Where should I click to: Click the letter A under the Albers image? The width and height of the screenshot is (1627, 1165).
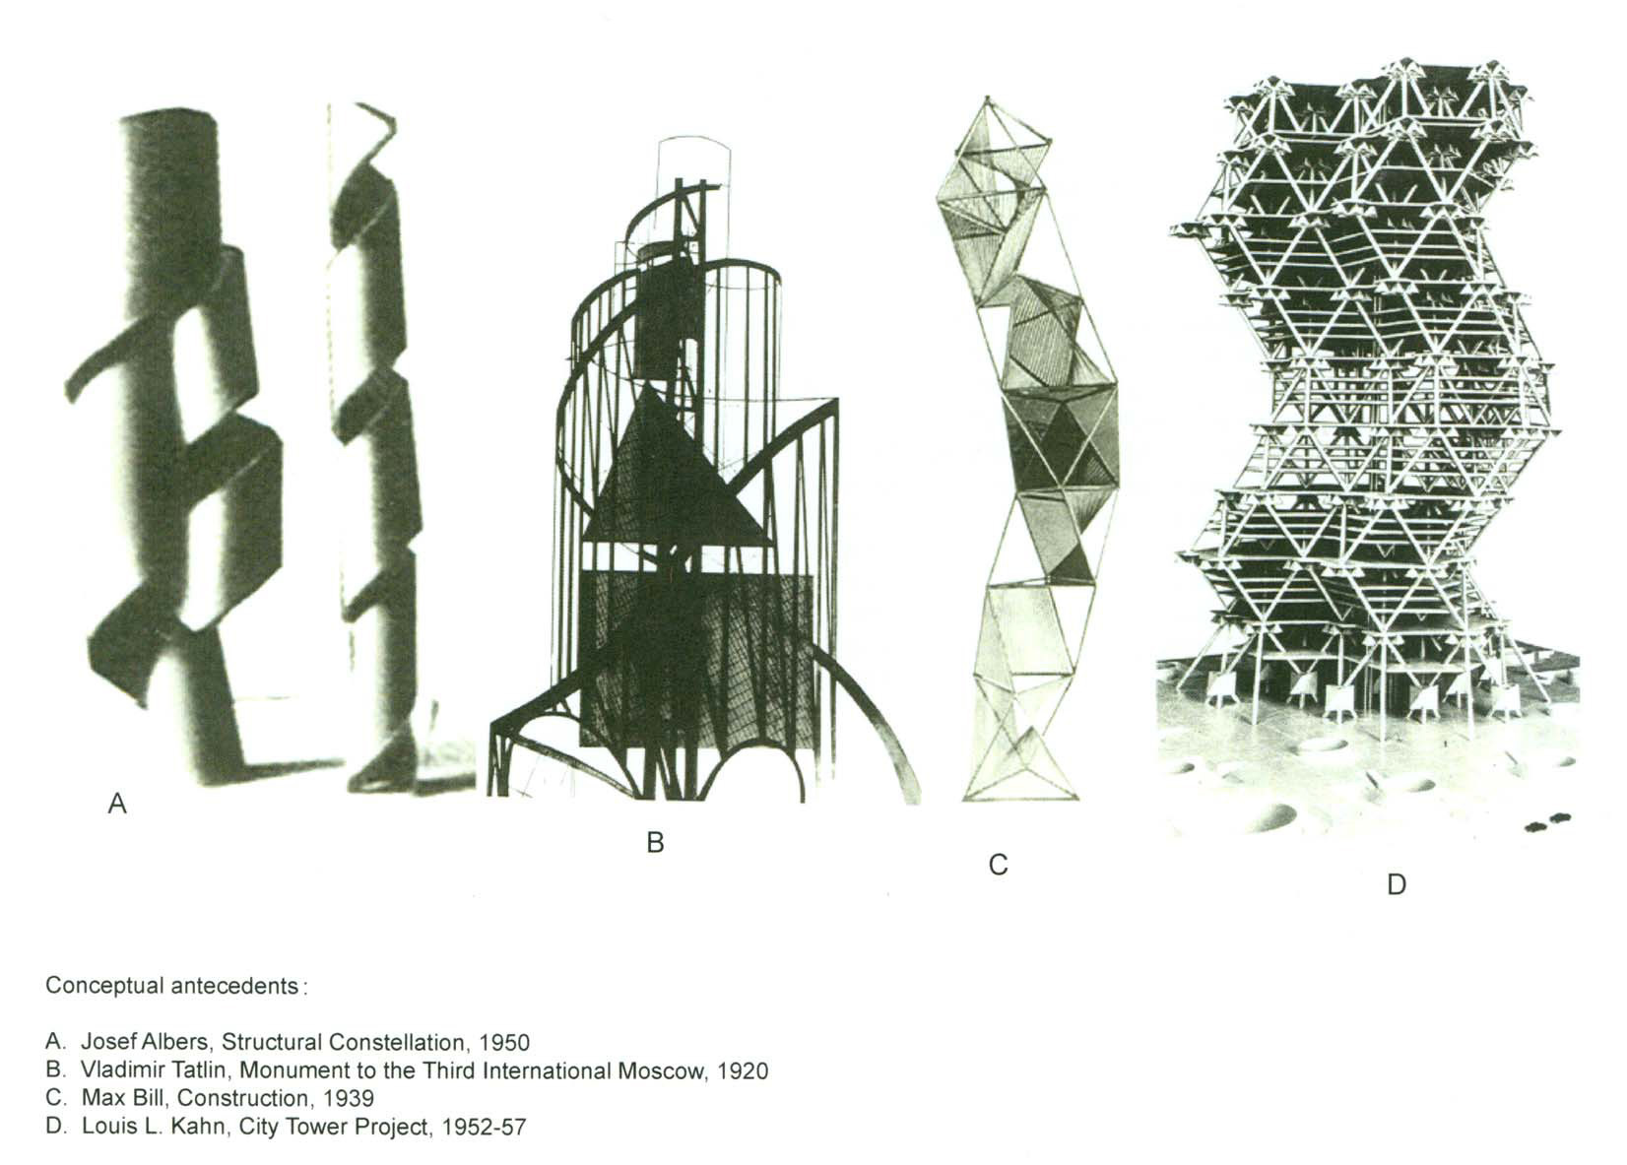[117, 805]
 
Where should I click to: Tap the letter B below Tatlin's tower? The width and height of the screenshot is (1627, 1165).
[655, 843]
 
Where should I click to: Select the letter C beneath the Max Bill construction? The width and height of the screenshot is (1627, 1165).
[998, 866]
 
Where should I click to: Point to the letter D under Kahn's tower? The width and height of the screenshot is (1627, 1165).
[1396, 885]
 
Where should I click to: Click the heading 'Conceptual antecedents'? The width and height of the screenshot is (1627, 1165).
[172, 986]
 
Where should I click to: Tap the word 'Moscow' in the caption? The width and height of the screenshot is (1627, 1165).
[660, 1070]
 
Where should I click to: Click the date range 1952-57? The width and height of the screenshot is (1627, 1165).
[485, 1127]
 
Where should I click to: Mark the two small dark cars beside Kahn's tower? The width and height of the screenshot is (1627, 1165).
[1547, 821]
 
